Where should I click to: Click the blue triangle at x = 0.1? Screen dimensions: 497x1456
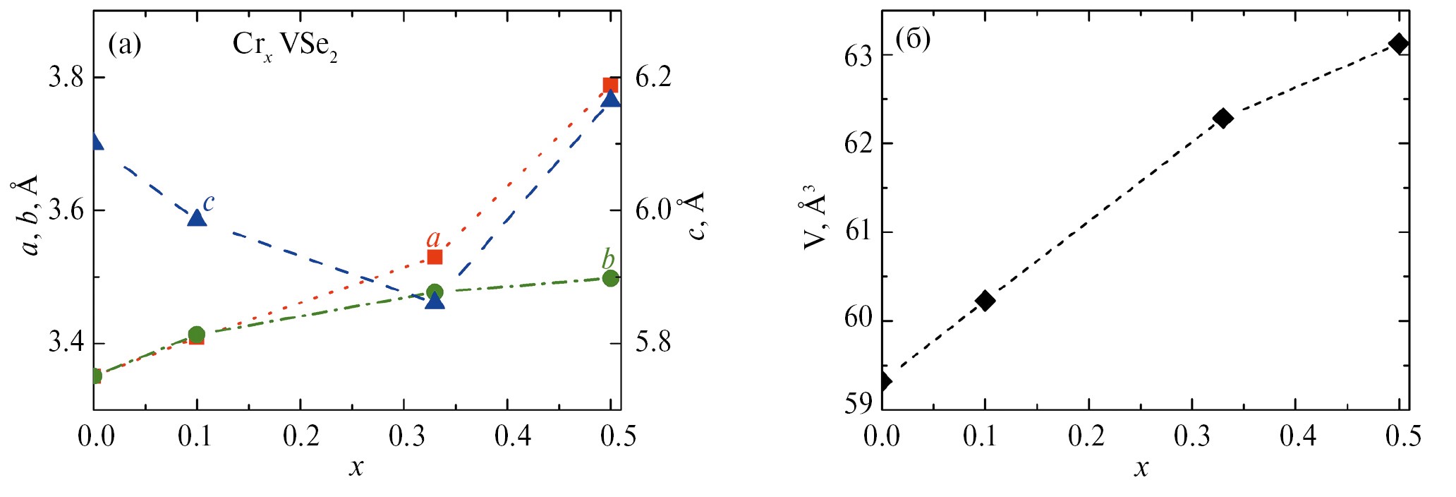(197, 217)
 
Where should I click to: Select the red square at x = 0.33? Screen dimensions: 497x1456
(435, 257)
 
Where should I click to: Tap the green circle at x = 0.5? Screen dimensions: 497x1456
(611, 278)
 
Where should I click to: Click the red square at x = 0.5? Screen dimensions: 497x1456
(610, 85)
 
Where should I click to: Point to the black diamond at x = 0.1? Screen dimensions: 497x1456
(985, 301)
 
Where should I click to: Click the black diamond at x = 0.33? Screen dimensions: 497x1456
(1223, 118)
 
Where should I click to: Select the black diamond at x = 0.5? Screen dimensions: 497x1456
(1398, 44)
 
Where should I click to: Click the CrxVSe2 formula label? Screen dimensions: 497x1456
(284, 47)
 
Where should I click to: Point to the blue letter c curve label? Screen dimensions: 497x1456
(208, 203)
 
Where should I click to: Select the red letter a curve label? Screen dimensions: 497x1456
(433, 239)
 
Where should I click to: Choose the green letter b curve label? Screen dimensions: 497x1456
(608, 258)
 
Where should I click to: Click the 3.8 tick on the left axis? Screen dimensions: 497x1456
(66, 77)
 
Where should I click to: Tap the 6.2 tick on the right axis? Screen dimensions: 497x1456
(653, 77)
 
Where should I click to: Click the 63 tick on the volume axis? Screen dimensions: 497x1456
(858, 56)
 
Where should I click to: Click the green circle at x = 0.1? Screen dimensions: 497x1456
(197, 335)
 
